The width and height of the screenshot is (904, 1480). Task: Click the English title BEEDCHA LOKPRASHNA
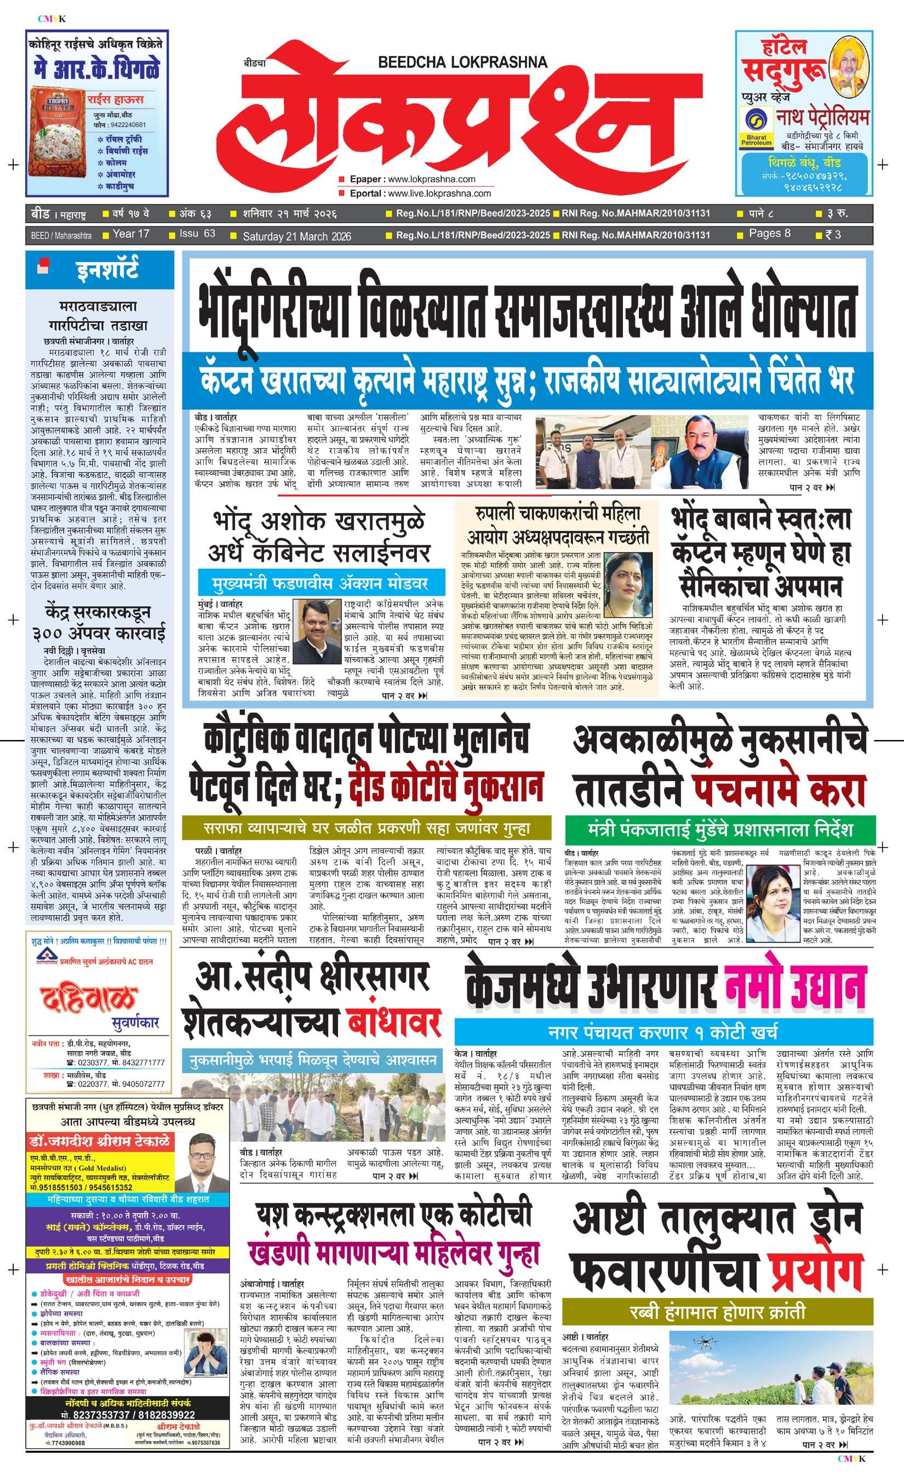[462, 62]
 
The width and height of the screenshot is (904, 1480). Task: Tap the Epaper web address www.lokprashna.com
[432, 179]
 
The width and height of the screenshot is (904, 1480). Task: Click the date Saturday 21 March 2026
[296, 236]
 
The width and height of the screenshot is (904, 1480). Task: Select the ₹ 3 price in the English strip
[833, 235]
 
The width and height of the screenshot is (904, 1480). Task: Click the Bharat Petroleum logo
[756, 127]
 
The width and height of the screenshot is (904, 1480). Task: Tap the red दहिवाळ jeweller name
[87, 997]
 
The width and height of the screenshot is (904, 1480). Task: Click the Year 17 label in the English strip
[130, 234]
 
